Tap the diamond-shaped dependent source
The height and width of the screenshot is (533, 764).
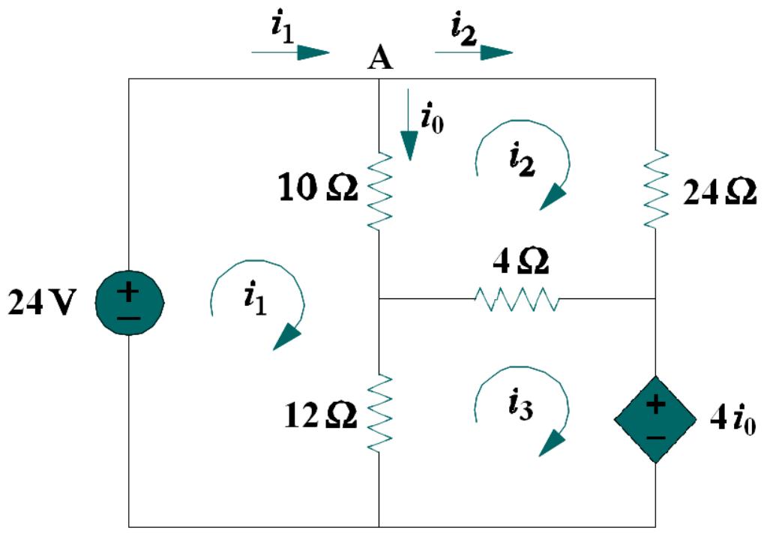click(655, 419)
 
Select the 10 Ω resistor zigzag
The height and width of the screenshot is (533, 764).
click(380, 190)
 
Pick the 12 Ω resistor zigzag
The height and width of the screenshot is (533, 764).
click(380, 413)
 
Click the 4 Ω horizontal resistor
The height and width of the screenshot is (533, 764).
click(517, 299)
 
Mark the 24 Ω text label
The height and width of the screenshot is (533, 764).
click(719, 192)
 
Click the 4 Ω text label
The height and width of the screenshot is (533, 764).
click(520, 262)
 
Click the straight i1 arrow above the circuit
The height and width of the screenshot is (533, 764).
click(290, 52)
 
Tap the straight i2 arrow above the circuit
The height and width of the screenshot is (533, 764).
click(473, 52)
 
